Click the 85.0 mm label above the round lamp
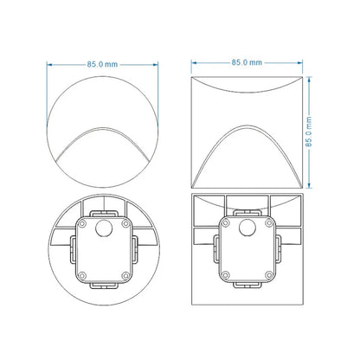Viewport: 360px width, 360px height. pyautogui.click(x=103, y=63)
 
